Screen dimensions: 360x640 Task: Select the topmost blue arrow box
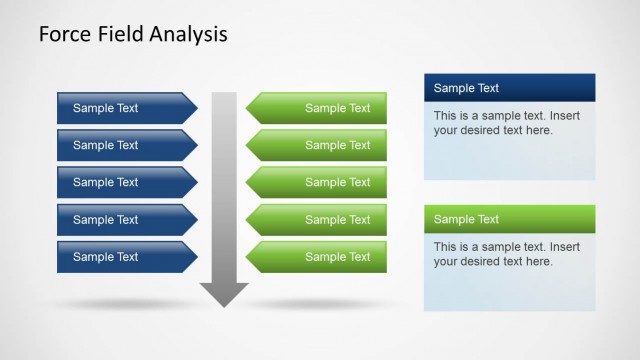point(120,108)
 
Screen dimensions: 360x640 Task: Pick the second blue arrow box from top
point(120,145)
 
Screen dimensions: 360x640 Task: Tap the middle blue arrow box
point(120,182)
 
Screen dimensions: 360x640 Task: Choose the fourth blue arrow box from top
point(120,219)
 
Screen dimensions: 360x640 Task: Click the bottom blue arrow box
point(120,256)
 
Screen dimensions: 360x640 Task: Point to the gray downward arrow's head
point(224,294)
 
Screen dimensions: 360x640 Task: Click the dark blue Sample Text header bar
point(509,88)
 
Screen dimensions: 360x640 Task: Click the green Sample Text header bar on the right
point(509,219)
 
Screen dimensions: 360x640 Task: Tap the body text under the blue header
point(493,123)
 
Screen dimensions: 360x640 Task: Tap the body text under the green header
point(493,254)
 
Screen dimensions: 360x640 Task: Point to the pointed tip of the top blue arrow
point(196,108)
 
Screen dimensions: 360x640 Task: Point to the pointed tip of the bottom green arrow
point(248,256)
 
